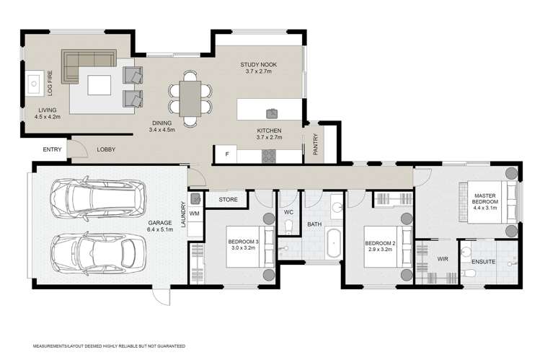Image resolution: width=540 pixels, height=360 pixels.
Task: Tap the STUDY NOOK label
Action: coord(260,65)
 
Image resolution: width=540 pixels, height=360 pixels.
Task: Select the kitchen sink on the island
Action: coord(273,113)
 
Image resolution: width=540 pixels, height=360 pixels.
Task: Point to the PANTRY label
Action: coord(316,145)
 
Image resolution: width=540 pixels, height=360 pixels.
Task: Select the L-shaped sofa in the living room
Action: coord(85,63)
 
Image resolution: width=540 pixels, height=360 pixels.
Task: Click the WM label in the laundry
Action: coord(195,214)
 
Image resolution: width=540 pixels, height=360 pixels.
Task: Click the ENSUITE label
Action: coord(482,261)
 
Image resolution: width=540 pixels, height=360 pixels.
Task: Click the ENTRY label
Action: coord(53,149)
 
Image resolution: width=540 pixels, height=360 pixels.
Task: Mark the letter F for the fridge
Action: coord(226,154)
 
